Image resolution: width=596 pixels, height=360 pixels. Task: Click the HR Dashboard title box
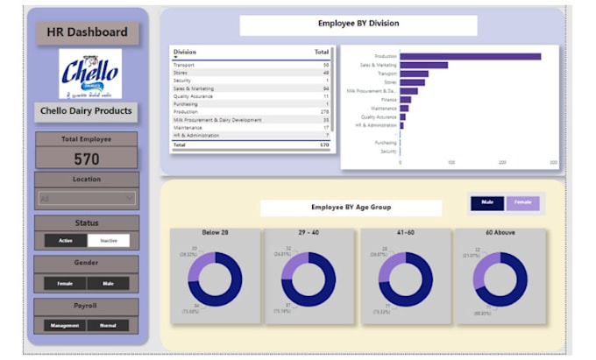(x=87, y=33)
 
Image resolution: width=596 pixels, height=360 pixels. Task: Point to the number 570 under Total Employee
(x=87, y=159)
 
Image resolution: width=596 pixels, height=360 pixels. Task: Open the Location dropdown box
(x=87, y=199)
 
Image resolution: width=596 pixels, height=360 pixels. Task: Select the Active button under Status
(x=66, y=240)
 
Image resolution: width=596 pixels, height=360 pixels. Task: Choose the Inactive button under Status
(x=108, y=240)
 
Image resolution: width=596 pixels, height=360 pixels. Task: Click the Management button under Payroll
(x=66, y=325)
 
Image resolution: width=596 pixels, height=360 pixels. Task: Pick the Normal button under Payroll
(x=108, y=325)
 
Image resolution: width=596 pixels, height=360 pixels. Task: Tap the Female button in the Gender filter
(x=66, y=283)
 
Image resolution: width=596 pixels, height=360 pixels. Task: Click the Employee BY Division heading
(x=358, y=25)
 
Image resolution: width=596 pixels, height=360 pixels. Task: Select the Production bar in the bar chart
(x=470, y=56)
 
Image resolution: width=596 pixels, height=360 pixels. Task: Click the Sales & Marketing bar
(x=423, y=65)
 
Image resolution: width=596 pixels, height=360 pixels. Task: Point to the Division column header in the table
(x=185, y=53)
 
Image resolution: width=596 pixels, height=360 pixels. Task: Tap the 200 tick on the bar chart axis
(x=502, y=162)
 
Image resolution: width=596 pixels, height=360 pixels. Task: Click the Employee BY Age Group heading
(x=351, y=208)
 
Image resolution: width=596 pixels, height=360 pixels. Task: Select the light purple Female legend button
(x=521, y=202)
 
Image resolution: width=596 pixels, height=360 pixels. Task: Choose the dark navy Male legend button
(x=487, y=202)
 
